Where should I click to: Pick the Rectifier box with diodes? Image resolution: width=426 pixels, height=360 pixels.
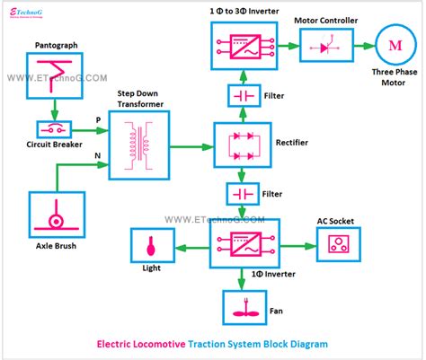pyautogui.click(x=243, y=141)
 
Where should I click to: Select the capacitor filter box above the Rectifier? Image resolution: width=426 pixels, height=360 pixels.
pyautogui.click(x=243, y=94)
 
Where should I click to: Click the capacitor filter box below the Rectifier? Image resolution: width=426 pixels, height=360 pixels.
pyautogui.click(x=243, y=193)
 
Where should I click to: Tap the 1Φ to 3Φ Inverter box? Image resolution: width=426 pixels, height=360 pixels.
pyautogui.click(x=243, y=45)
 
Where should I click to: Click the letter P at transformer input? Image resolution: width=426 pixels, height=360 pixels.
pyautogui.click(x=97, y=119)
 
